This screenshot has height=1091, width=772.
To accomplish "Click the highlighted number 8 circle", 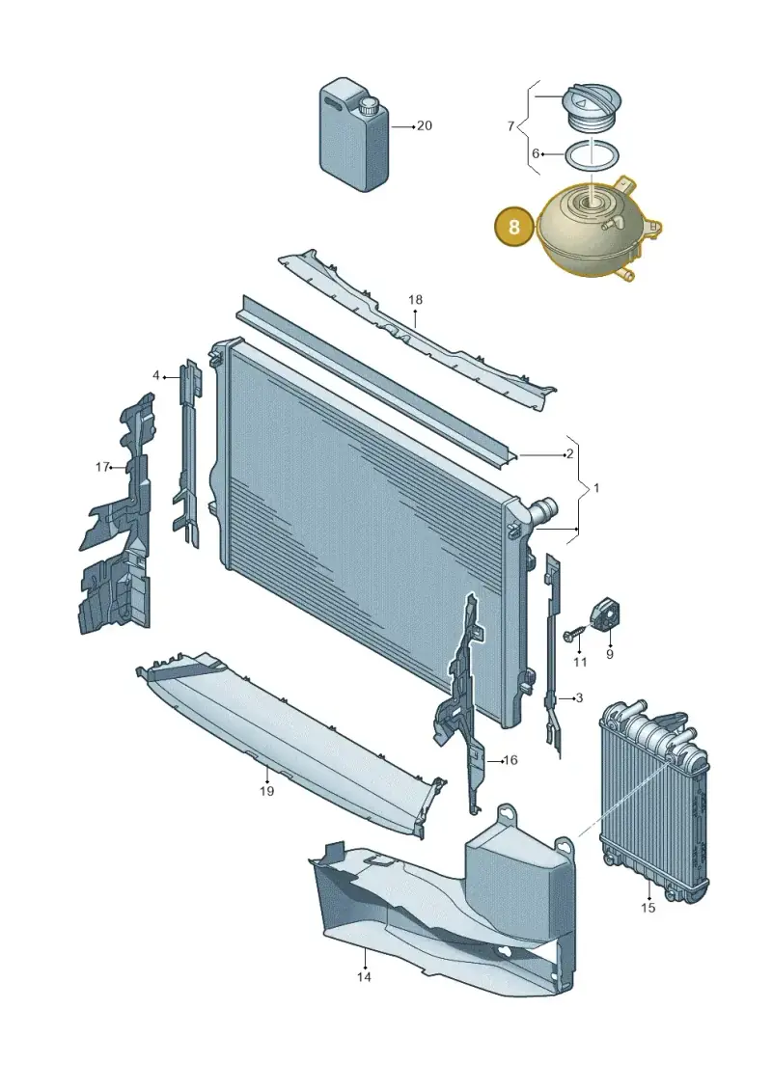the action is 513,227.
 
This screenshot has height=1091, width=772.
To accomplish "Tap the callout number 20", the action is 424,126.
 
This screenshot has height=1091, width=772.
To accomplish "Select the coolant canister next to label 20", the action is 353,135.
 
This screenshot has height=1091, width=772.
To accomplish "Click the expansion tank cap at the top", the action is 590,111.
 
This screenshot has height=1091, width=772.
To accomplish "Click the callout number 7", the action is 510,126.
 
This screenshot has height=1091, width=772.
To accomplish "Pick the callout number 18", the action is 415,300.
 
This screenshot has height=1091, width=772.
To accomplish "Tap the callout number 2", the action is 570,454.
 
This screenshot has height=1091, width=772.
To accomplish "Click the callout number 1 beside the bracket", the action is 595,488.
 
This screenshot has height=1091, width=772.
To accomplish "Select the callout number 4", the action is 156,376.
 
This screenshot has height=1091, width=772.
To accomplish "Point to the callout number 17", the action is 101,467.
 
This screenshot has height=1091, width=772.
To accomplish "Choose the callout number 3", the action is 579,697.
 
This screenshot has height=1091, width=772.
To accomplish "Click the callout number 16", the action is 510,760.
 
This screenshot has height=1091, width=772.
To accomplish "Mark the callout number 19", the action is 266,791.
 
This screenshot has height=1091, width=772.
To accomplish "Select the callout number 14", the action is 364,977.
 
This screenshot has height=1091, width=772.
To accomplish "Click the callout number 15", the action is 648,908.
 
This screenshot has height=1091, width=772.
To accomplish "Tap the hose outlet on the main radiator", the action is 543,510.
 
